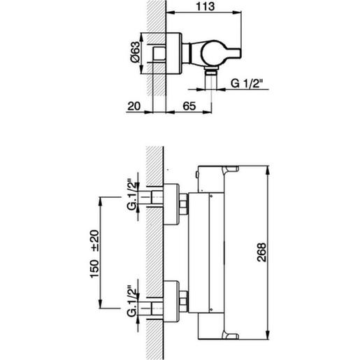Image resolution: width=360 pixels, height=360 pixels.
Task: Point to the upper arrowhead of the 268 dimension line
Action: coord(270,171)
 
